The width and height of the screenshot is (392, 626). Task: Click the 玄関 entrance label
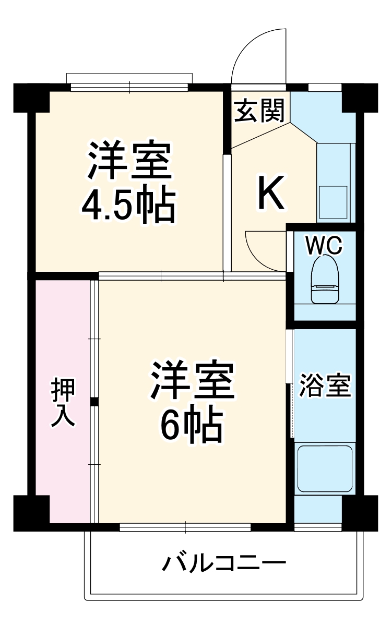point(259,111)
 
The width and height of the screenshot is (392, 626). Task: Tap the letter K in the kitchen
point(272,192)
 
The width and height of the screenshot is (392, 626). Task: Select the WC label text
point(324,246)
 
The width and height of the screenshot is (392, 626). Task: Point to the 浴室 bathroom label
point(325,386)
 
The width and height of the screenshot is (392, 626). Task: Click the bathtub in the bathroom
point(325,468)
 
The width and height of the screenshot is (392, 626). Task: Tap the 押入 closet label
point(63,402)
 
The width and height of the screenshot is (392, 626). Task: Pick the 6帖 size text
point(191,426)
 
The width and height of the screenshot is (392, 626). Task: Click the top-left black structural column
point(31,98)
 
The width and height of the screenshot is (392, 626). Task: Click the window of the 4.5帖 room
point(129,87)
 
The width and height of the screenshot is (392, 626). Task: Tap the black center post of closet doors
point(94,402)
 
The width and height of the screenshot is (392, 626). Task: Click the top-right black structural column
point(360,98)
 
